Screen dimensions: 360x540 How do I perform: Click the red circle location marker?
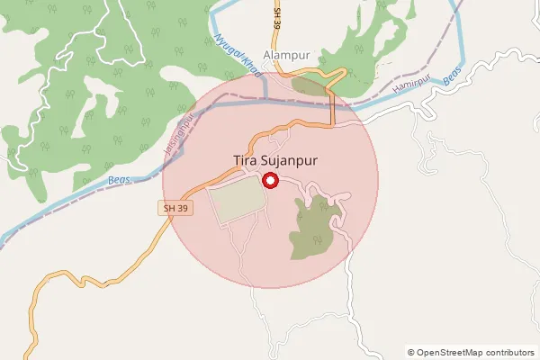coord(269,180)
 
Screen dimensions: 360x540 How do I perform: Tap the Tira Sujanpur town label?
coord(276,161)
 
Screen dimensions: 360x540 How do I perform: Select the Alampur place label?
coord(286,54)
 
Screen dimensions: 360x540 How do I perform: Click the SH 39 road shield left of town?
coord(176,208)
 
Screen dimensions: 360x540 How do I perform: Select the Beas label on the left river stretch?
coord(120,181)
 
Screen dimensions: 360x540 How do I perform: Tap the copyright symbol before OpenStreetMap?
coord(411,352)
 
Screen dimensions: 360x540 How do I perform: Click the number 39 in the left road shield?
coord(184,208)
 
